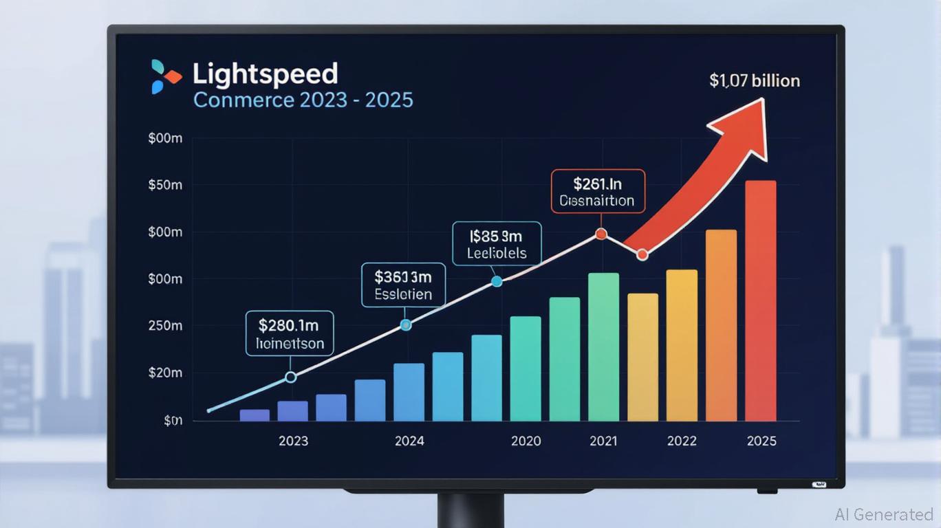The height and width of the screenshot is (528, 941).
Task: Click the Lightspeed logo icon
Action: (x=165, y=76)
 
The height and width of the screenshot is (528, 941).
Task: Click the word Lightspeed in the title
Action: (x=265, y=74)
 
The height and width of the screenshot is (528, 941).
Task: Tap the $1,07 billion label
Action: (x=755, y=81)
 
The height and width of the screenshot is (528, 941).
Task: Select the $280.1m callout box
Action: (x=290, y=333)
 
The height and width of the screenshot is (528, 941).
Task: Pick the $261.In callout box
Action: (x=598, y=191)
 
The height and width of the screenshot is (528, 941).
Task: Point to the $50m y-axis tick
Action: (x=165, y=186)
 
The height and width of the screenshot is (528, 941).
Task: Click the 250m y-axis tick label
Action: (x=165, y=326)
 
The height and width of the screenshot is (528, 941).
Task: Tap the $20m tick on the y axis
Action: (x=165, y=373)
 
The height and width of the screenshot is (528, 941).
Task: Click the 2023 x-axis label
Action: (x=293, y=441)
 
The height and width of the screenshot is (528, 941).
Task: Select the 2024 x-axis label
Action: (x=409, y=441)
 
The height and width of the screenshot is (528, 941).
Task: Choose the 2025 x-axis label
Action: (x=761, y=441)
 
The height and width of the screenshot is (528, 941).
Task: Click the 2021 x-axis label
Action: (x=604, y=441)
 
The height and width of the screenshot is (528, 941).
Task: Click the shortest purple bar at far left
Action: (x=255, y=415)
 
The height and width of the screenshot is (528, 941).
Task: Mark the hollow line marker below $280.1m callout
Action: (x=290, y=377)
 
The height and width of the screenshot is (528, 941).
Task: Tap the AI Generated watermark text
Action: (x=884, y=514)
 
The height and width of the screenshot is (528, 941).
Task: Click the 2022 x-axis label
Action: (x=682, y=441)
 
